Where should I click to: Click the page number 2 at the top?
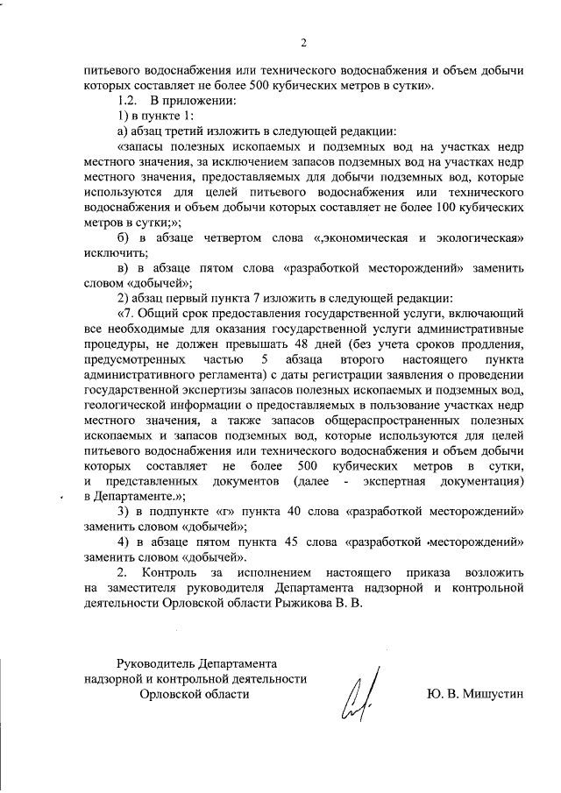(302, 43)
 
